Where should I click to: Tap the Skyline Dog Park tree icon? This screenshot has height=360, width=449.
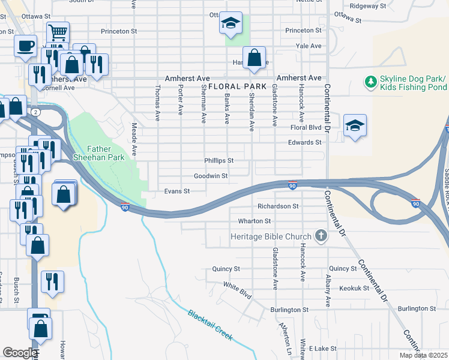(x=370, y=81)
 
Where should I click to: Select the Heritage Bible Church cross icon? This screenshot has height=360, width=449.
(x=321, y=236)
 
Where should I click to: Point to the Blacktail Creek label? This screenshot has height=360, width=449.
(x=209, y=325)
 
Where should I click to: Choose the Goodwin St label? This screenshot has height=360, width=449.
(x=211, y=176)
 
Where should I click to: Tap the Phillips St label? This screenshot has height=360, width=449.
(x=218, y=161)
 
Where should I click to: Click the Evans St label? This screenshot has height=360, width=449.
(x=177, y=191)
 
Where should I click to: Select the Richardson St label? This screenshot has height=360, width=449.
(x=278, y=206)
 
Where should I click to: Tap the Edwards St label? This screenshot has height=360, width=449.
(x=305, y=143)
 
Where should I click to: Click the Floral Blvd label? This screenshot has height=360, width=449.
(x=306, y=128)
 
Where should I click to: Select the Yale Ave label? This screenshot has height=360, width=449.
(x=310, y=46)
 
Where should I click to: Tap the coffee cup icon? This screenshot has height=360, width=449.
(x=25, y=46)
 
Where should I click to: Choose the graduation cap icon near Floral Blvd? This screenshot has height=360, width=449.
(x=355, y=125)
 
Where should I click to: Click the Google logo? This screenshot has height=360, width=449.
(x=20, y=352)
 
